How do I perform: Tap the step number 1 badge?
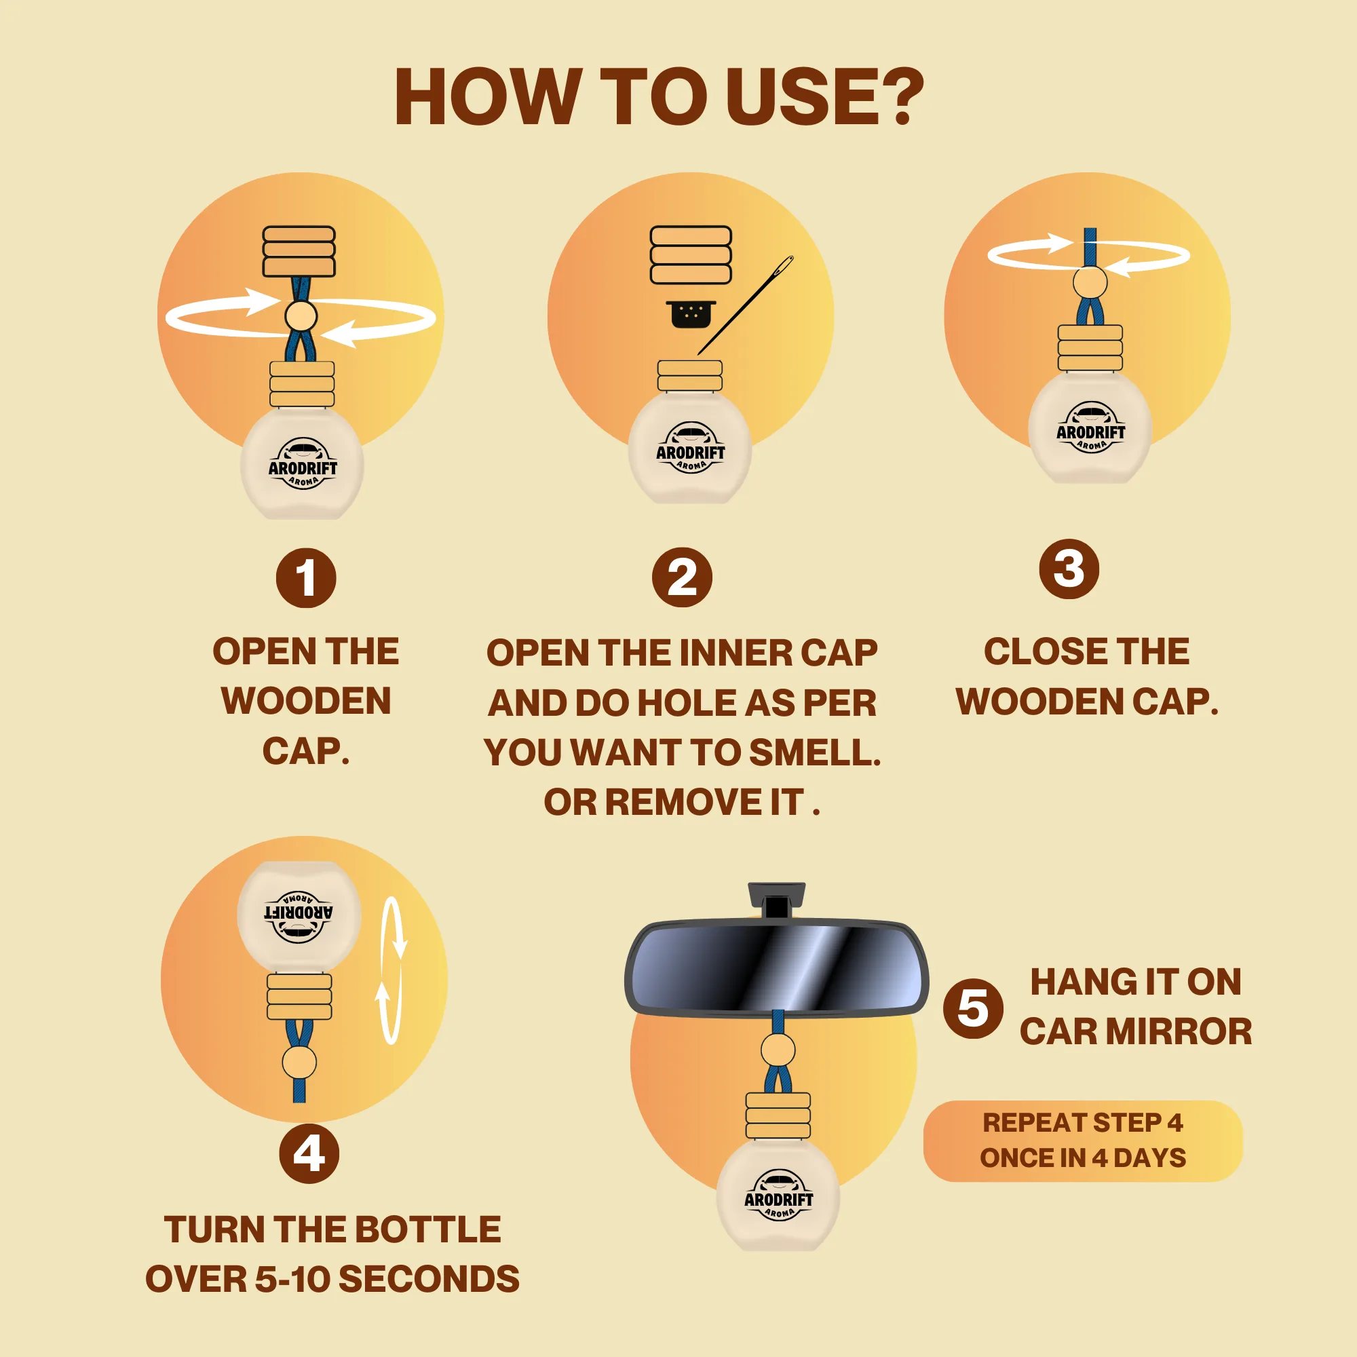coord(305,578)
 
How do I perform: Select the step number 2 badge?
coord(682,578)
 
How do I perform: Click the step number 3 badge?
coord(1069,569)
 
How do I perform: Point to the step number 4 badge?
coord(309,1153)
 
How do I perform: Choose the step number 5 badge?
coord(973,1008)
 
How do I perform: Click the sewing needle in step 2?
coord(745,305)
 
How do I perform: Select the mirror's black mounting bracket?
coord(776,901)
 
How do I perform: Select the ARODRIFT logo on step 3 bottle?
coord(1090,427)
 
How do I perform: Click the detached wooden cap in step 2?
coord(691,254)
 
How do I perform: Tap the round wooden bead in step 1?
coord(301,316)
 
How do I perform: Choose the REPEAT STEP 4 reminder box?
coord(1082,1141)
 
